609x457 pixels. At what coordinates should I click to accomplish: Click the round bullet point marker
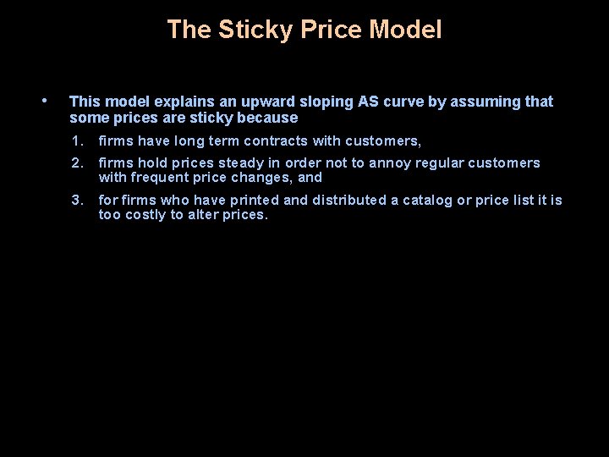[45, 101]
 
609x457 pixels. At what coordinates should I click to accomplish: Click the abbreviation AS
[368, 102]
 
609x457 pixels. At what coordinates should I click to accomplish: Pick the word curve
[403, 102]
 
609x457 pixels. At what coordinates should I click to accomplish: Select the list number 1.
[77, 141]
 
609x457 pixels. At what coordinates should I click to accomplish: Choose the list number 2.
[77, 162]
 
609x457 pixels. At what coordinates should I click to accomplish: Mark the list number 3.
[77, 201]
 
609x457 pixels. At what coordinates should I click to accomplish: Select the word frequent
[161, 178]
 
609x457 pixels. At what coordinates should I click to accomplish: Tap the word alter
[211, 215]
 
